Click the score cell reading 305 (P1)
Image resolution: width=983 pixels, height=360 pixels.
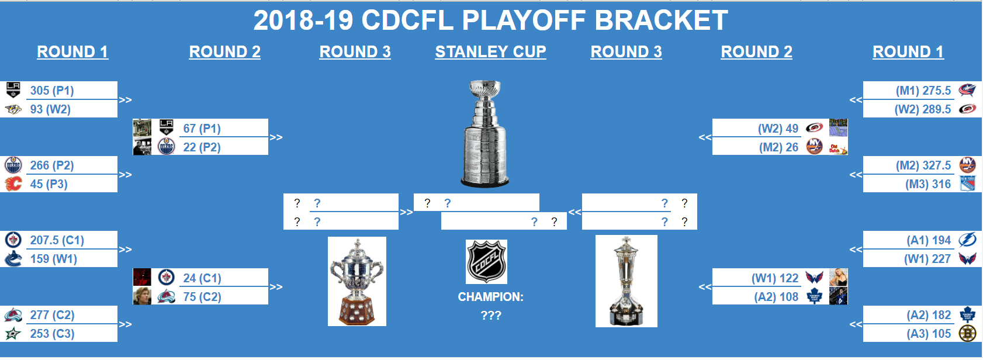coord(52,91)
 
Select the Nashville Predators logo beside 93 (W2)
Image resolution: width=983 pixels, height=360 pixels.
coord(13,109)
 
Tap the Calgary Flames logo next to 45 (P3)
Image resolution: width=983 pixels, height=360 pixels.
coord(13,184)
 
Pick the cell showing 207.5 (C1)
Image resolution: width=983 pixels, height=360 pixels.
coord(57,240)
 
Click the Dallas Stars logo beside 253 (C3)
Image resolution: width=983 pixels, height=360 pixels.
coord(13,334)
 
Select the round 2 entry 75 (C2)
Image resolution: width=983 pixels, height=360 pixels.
coord(202,296)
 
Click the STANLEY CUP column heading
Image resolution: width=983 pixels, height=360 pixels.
coord(490,52)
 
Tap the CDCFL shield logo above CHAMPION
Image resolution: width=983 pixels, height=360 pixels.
coord(486,261)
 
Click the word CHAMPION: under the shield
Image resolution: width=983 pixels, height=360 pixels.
coord(490,297)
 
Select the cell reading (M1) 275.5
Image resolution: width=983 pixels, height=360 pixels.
coord(923,91)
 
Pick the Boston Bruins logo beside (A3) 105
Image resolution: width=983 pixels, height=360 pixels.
coord(967,334)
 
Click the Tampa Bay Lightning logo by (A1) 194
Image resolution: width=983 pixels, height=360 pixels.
coord(967,240)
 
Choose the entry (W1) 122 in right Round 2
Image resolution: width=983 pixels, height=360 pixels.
coord(774,278)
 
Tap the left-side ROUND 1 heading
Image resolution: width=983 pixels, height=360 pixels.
coord(72,52)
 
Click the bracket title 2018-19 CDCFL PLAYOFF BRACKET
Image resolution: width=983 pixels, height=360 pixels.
coord(490,20)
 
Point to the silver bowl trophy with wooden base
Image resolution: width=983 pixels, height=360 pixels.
coord(356,282)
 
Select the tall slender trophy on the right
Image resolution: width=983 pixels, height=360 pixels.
coord(626,282)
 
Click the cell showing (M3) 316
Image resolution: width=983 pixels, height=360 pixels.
coord(927,184)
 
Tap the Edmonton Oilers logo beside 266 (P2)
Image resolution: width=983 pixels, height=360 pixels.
coord(13,165)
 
